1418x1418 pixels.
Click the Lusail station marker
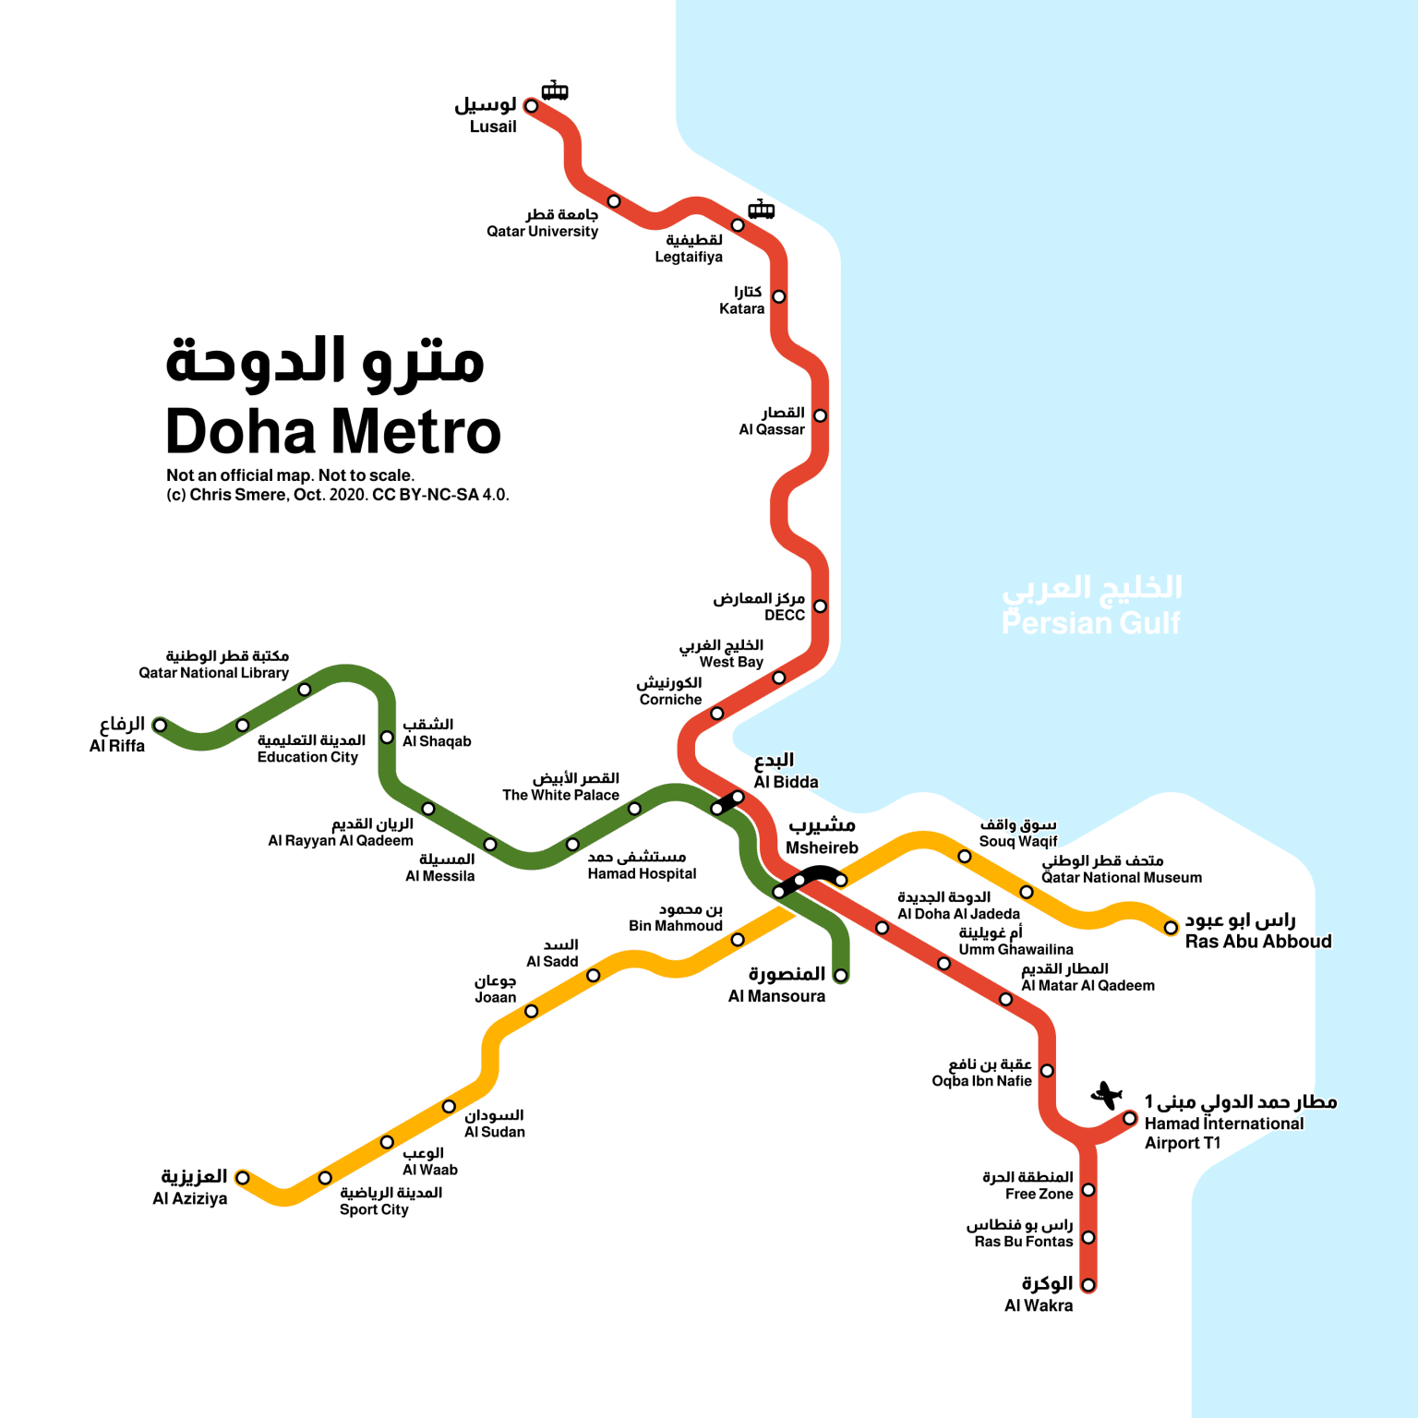pos(531,106)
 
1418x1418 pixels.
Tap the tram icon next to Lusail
pos(554,90)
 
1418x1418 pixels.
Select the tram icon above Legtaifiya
pos(761,210)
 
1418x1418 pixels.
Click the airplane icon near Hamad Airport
pos(1105,1096)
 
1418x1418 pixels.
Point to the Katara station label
pos(741,301)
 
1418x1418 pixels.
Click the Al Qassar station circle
pos(820,415)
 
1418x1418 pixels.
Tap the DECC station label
pos(759,607)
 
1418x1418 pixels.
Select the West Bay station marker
pos(778,678)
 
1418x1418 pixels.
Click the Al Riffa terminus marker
pos(160,725)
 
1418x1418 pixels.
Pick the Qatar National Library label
pos(214,665)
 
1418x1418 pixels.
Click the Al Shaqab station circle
pos(388,737)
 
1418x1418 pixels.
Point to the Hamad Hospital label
pos(641,865)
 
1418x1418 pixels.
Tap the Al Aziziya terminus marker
pos(242,1177)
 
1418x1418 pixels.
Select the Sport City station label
pos(390,1201)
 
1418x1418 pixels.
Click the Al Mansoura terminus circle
pos(840,975)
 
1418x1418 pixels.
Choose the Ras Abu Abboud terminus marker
pos(1171,927)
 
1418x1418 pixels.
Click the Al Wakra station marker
pos(1088,1285)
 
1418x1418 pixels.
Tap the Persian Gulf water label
pos(1091,607)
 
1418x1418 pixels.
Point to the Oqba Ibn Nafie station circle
pos(1047,1071)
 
